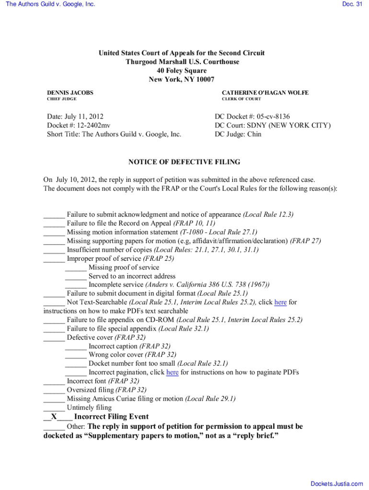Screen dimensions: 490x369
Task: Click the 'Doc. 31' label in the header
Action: click(x=352, y=4)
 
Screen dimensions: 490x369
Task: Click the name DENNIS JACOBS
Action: click(x=70, y=92)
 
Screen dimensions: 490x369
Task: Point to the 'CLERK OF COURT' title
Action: click(x=242, y=99)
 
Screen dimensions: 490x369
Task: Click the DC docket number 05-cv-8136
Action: click(x=273, y=117)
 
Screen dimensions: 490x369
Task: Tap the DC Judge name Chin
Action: click(x=254, y=134)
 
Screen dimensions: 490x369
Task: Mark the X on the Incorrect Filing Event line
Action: click(x=54, y=417)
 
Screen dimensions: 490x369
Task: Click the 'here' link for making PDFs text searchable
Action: click(x=280, y=302)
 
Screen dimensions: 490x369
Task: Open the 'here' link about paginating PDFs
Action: click(x=172, y=372)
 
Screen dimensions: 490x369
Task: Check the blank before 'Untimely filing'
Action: click(x=54, y=408)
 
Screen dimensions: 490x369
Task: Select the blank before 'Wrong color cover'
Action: click(x=76, y=355)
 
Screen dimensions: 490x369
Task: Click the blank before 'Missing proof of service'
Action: click(x=76, y=267)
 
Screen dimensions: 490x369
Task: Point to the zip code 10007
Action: click(x=204, y=79)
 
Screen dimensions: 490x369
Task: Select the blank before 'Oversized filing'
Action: click(x=54, y=390)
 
